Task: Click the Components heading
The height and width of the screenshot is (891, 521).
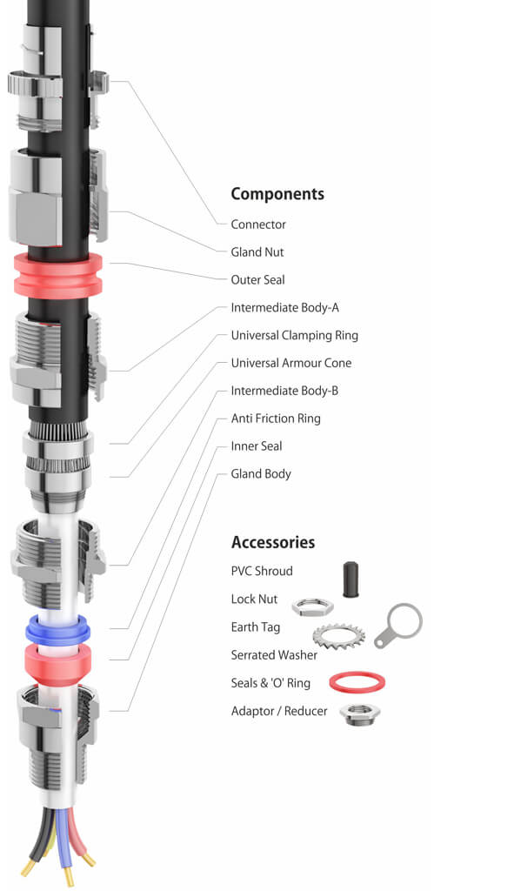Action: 277,194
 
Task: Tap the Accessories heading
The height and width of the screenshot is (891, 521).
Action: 272,542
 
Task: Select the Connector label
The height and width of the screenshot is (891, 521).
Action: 257,224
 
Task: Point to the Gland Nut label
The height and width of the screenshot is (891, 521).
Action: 257,252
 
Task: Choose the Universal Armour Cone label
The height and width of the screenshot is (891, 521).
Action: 291,363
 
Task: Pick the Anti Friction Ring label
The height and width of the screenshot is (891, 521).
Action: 275,419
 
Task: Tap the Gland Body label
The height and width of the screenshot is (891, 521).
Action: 260,474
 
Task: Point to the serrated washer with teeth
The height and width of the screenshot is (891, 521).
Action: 337,642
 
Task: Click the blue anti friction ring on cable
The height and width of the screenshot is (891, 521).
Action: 58,628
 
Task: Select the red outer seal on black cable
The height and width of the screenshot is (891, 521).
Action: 58,275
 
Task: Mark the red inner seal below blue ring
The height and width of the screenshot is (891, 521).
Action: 58,663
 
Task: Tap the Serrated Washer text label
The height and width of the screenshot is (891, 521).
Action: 273,655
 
